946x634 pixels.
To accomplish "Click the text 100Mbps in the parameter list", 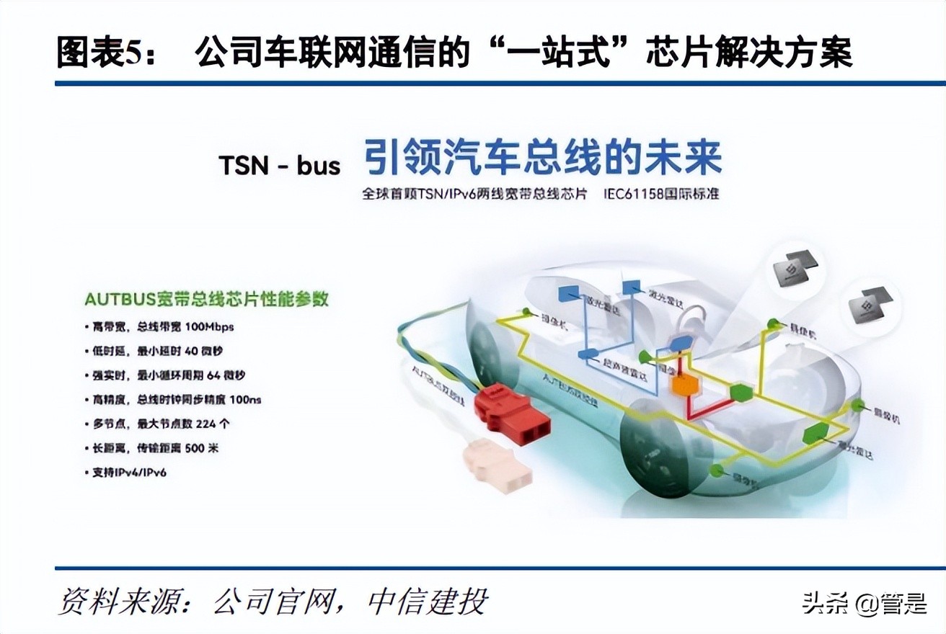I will (209, 326).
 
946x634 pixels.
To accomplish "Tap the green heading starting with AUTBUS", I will (206, 298).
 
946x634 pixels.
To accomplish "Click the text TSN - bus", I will (279, 166).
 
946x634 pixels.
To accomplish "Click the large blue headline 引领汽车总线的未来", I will (541, 158).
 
